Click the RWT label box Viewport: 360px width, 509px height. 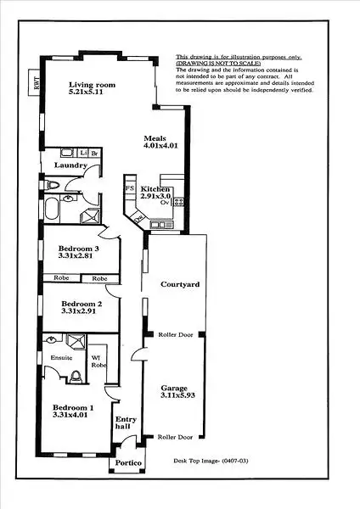[37, 82]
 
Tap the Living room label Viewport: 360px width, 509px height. [92, 86]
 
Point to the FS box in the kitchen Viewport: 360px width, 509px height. [130, 187]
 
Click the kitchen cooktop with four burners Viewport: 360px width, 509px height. [179, 200]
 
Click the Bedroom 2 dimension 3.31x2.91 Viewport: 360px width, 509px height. [82, 311]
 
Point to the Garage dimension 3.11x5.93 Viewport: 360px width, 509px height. [175, 396]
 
